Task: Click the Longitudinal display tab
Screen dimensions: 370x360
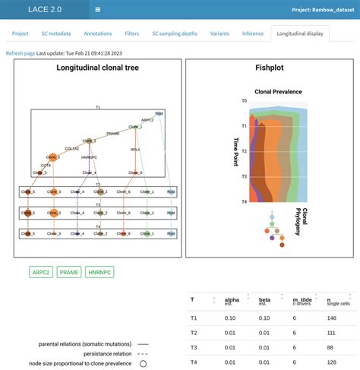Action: (x=303, y=33)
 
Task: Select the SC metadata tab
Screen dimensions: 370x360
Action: (x=57, y=33)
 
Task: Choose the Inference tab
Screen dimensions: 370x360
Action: (x=252, y=33)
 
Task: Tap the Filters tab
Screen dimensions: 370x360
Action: (x=132, y=33)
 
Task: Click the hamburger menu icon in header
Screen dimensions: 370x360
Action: (x=98, y=10)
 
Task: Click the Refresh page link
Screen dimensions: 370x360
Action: (x=20, y=52)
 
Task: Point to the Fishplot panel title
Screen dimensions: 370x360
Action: (x=270, y=68)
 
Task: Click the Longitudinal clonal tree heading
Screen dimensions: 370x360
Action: (x=96, y=68)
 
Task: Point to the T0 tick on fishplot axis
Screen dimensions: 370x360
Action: (x=243, y=100)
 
